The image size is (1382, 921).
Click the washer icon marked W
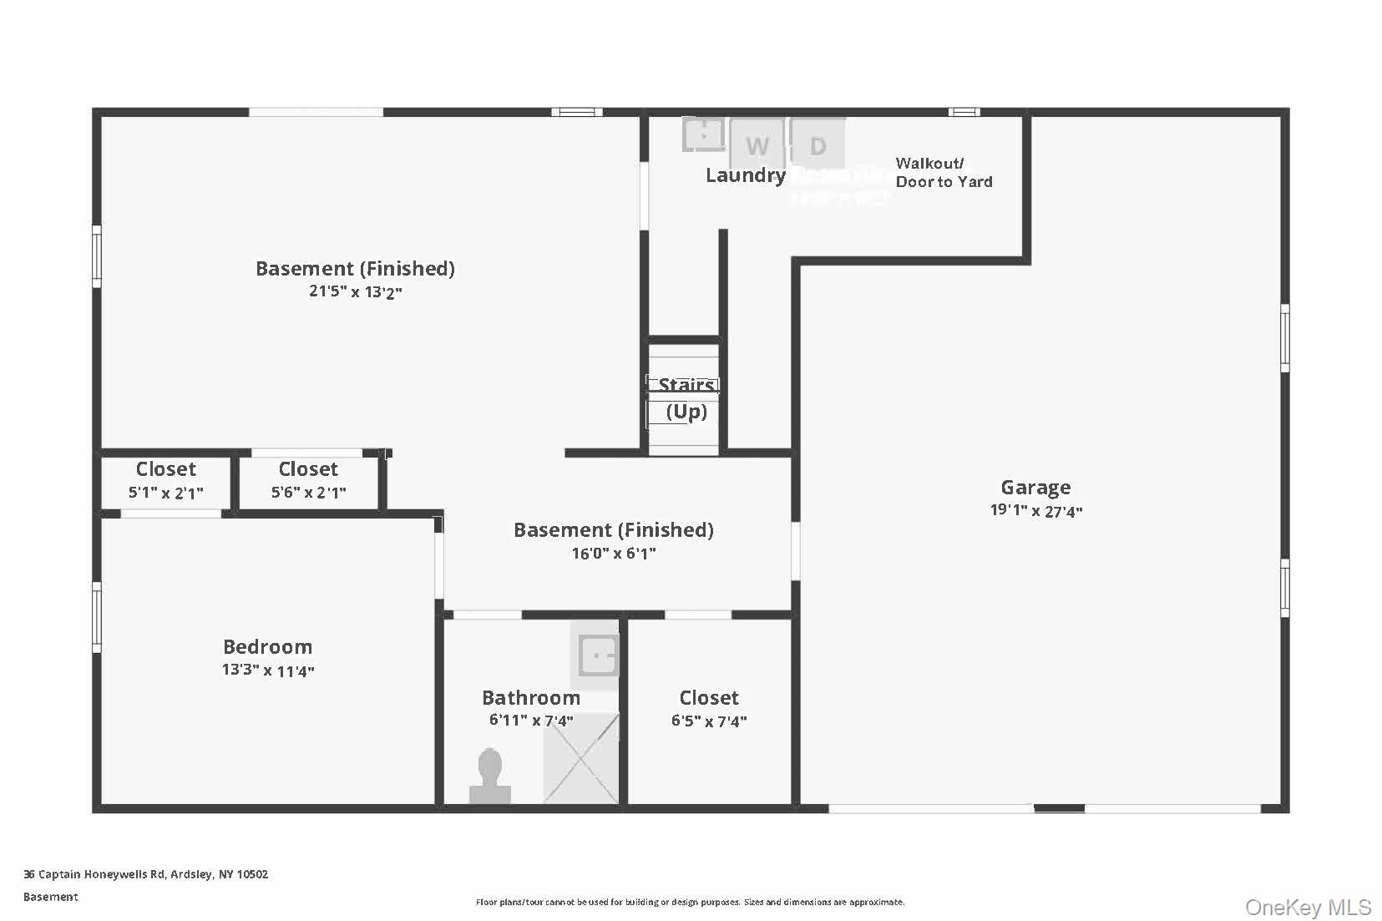[757, 145]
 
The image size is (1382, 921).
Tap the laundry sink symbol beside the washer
[704, 134]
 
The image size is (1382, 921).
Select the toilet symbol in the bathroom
[490, 777]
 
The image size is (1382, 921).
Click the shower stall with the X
[581, 758]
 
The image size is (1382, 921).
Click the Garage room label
[1035, 488]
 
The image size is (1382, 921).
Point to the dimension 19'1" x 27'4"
[1035, 511]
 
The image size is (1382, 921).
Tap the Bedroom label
[267, 647]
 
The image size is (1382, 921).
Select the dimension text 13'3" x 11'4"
[267, 671]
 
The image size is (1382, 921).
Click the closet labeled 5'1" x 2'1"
[165, 481]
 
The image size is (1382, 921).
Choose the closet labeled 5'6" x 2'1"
[308, 481]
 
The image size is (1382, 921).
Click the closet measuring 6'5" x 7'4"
[709, 709]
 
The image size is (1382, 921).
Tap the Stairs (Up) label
[686, 398]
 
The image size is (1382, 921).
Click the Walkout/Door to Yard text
[944, 173]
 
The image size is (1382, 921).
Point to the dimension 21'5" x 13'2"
[356, 292]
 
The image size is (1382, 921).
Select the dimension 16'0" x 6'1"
[614, 554]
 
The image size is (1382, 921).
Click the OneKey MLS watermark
[1308, 908]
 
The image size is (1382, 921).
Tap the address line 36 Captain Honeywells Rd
[146, 874]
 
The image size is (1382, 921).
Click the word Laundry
[746, 175]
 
